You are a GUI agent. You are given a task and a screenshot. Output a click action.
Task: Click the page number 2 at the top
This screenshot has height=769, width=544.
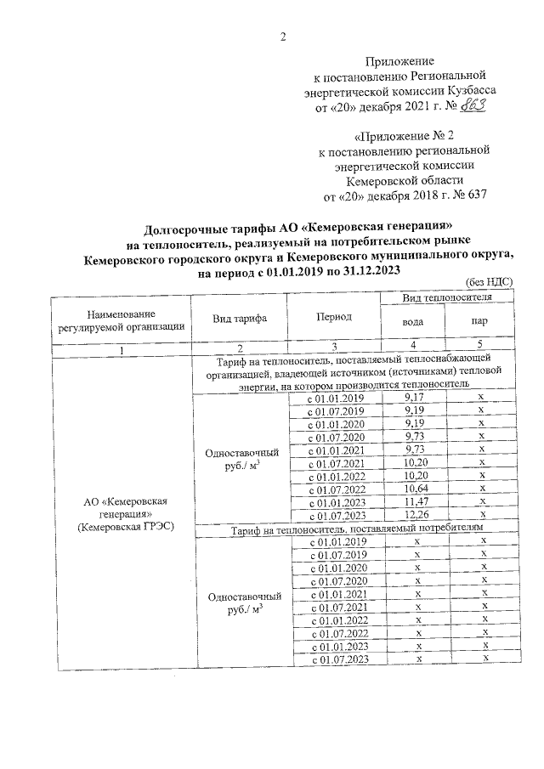(283, 36)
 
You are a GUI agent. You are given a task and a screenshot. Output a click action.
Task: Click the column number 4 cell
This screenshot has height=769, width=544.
(413, 345)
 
